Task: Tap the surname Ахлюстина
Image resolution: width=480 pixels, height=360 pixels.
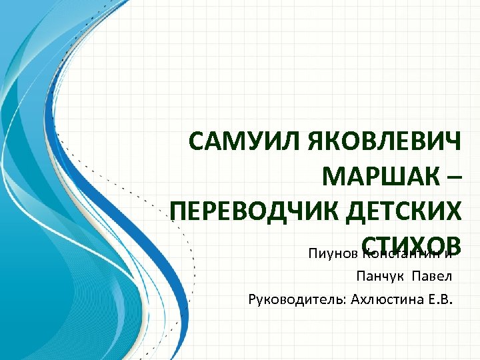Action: click(377, 297)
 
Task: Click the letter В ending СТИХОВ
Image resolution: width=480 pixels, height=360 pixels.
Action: click(452, 246)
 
